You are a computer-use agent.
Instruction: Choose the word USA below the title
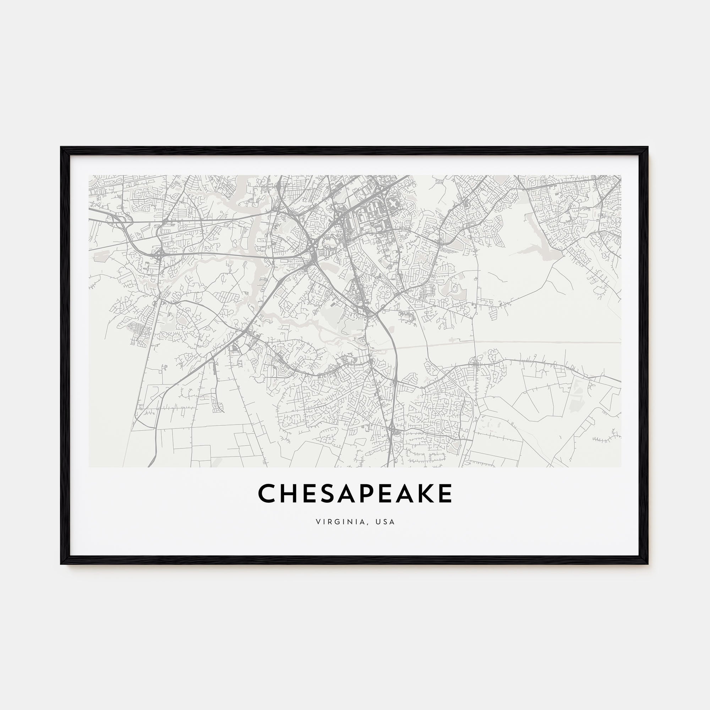pos(386,522)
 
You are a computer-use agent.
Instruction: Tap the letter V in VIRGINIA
pos(317,522)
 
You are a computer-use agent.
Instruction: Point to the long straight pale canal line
pos(514,343)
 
